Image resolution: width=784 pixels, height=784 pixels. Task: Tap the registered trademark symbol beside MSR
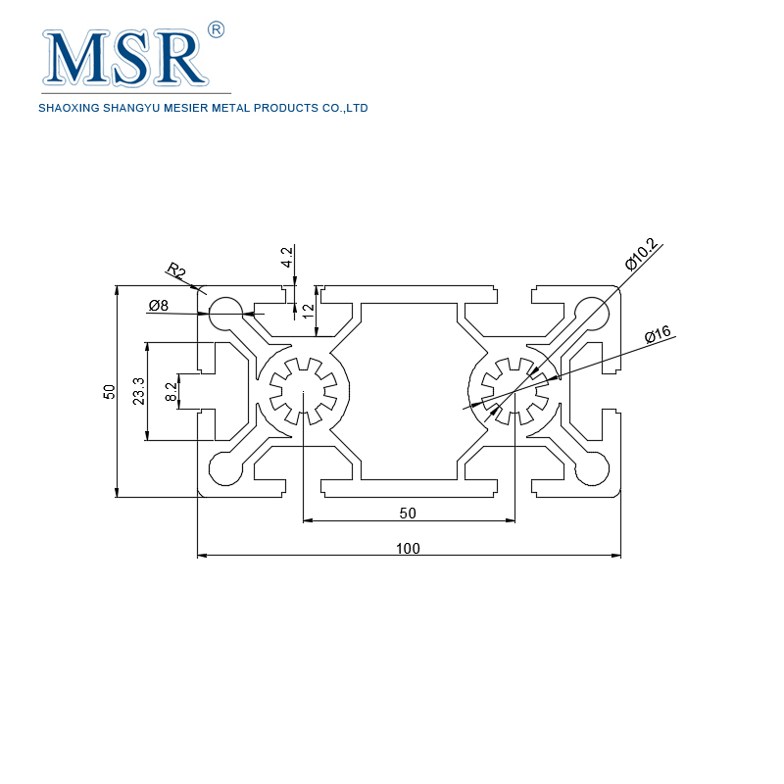click(x=217, y=29)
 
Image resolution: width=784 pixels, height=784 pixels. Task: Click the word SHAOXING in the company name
click(x=66, y=108)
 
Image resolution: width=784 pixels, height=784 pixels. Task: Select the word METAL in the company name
click(x=227, y=108)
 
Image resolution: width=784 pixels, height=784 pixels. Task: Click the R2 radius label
click(x=176, y=270)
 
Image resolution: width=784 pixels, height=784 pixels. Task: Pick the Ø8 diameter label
click(x=159, y=306)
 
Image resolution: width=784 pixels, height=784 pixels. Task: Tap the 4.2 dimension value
click(x=287, y=257)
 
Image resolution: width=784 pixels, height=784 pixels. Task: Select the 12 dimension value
click(x=308, y=311)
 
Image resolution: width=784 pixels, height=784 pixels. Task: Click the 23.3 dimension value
click(x=138, y=391)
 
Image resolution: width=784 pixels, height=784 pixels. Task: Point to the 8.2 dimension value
click(x=171, y=392)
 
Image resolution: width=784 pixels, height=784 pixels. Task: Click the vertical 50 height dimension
click(x=110, y=392)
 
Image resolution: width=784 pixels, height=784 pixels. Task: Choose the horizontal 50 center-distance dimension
click(x=408, y=513)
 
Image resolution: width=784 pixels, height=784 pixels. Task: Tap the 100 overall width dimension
click(x=409, y=548)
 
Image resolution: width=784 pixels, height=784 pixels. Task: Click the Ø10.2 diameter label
click(x=641, y=258)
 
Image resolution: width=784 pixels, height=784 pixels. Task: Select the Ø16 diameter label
click(x=658, y=334)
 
